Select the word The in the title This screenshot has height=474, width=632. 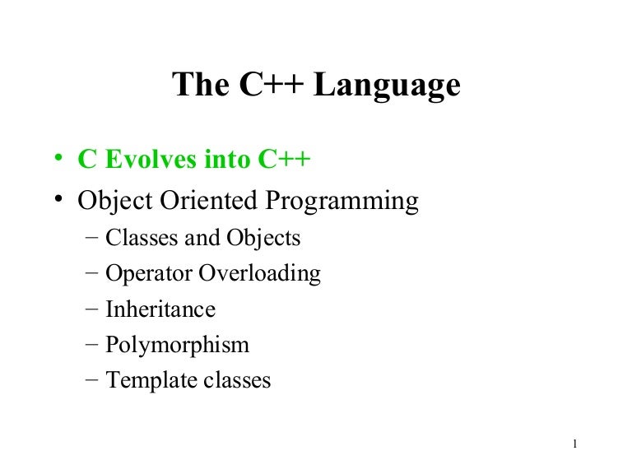pyautogui.click(x=198, y=86)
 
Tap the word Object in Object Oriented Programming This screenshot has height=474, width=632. pyautogui.click(x=113, y=202)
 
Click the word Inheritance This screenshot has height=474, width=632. pyautogui.click(x=160, y=309)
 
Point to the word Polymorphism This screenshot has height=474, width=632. pyautogui.click(x=177, y=346)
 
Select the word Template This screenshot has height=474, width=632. pyautogui.click(x=145, y=381)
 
